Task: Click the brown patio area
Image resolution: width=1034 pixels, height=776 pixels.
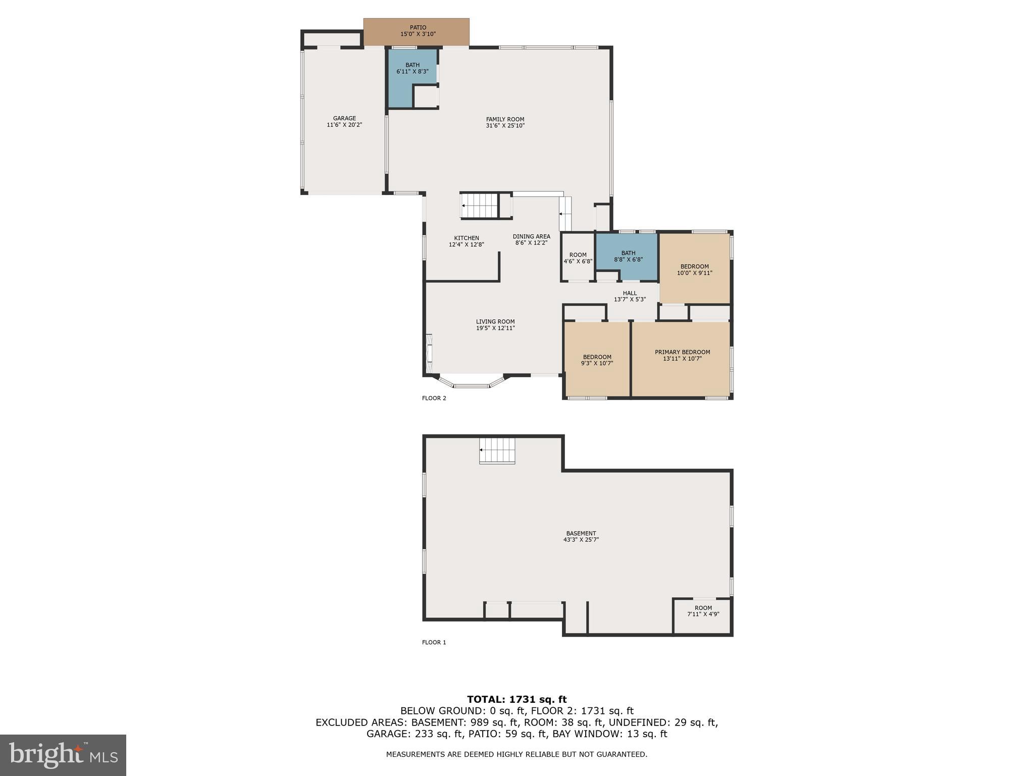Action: click(x=417, y=32)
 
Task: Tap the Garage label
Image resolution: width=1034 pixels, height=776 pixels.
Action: click(x=344, y=118)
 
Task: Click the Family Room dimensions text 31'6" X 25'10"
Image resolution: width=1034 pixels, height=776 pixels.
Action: click(x=505, y=126)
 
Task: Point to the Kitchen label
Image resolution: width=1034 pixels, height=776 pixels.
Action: click(x=467, y=238)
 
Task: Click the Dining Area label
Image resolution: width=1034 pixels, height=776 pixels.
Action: click(x=531, y=236)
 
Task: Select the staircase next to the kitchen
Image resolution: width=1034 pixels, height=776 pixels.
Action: click(x=480, y=206)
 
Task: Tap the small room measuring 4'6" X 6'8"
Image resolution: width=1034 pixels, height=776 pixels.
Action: click(x=578, y=258)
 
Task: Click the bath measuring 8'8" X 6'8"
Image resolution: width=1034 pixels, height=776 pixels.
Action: click(x=628, y=257)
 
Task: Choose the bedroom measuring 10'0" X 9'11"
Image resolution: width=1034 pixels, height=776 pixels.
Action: click(x=694, y=269)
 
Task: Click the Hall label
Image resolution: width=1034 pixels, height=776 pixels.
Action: click(x=630, y=293)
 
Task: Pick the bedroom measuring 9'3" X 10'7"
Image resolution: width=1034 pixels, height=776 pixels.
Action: click(x=597, y=360)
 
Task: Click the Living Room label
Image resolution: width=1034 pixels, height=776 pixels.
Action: click(x=495, y=321)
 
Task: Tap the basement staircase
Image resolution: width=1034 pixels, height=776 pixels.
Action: click(x=497, y=451)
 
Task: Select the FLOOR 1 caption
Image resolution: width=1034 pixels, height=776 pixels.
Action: click(x=434, y=643)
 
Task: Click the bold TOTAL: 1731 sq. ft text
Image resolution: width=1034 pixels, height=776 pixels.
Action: click(x=516, y=700)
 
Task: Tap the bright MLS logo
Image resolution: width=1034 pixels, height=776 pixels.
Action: click(x=63, y=755)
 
